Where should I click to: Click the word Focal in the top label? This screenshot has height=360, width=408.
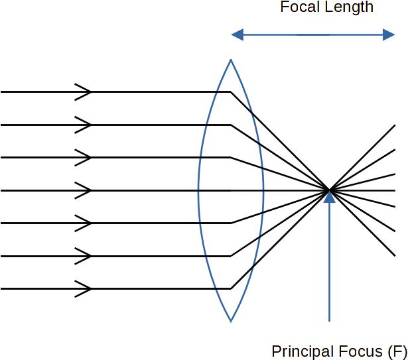click(298, 8)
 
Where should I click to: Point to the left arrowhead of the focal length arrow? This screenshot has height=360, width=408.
click(236, 34)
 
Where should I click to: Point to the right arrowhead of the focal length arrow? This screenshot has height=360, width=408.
click(389, 34)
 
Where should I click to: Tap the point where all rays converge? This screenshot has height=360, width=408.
click(329, 190)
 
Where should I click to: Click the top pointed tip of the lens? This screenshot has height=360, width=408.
click(231, 60)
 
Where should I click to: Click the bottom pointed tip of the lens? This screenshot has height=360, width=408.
click(231, 322)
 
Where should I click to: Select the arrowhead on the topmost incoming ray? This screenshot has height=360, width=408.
click(84, 92)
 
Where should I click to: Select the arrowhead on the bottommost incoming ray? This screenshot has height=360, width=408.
click(84, 288)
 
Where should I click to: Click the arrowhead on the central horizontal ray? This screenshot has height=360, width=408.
click(84, 190)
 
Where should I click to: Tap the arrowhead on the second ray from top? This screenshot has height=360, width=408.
click(84, 125)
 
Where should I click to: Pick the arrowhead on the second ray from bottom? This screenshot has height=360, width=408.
click(84, 256)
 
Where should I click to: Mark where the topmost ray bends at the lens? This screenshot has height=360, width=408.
click(231, 92)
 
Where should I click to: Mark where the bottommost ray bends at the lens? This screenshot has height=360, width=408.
click(231, 288)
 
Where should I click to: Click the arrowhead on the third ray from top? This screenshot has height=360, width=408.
click(84, 158)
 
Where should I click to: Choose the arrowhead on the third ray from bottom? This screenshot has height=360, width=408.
click(84, 223)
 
